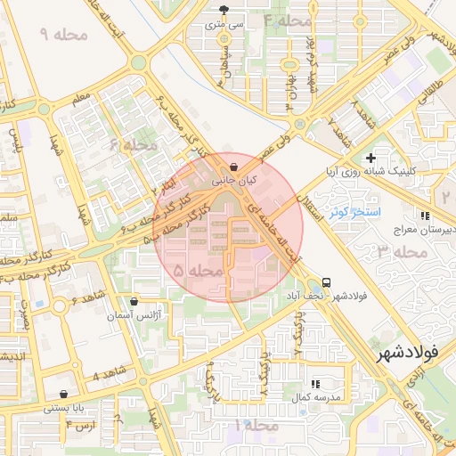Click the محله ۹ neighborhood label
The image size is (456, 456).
(x=61, y=34)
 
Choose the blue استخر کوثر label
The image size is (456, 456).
(x=354, y=213)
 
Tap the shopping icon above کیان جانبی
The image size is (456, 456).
(x=233, y=167)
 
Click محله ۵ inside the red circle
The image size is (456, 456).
(x=198, y=269)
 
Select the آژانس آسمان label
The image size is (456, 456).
(x=134, y=316)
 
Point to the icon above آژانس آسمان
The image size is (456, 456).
(x=134, y=303)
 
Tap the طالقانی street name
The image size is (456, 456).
(x=430, y=97)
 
